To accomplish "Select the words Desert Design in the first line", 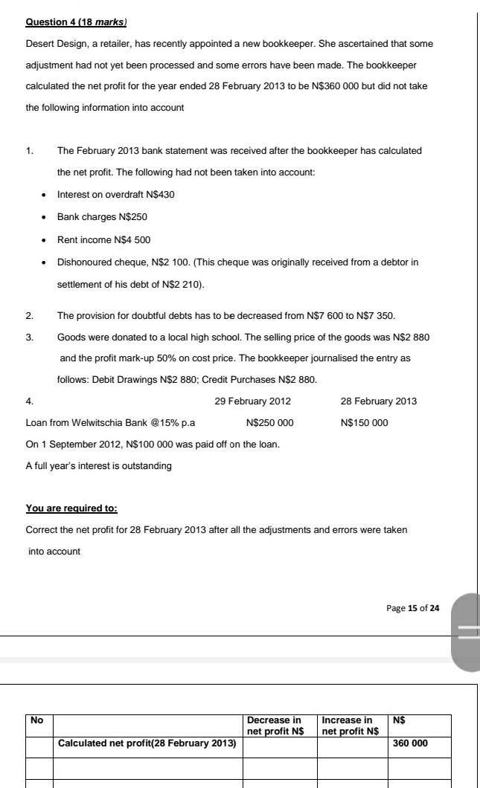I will click(53, 43).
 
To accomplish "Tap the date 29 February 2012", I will click(252, 401).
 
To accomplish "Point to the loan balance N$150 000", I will click(364, 422).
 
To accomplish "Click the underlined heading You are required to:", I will click(71, 508).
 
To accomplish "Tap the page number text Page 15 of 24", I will click(413, 608).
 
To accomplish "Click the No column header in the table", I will click(35, 720).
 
